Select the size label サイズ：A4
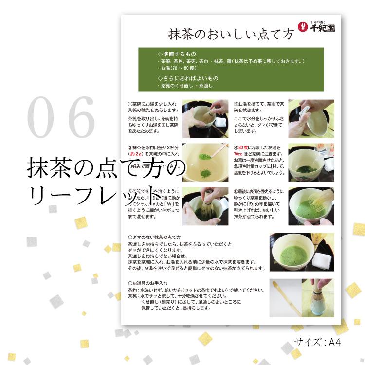click(x=317, y=342)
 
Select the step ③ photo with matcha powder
click(x=205, y=163)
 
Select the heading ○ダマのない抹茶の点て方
click(x=161, y=237)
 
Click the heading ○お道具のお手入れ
click(x=148, y=283)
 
